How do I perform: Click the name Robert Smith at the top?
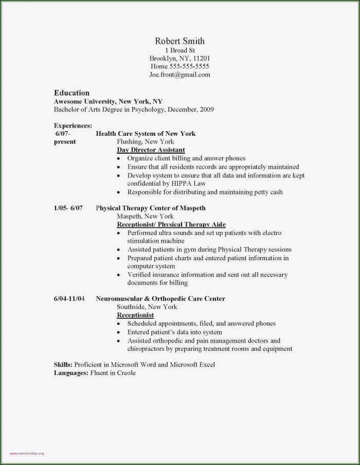click(180, 41)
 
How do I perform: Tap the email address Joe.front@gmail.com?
click(180, 75)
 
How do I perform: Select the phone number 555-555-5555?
click(189, 66)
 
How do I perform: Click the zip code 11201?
click(201, 58)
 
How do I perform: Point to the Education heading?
click(71, 93)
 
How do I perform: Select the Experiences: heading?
click(73, 125)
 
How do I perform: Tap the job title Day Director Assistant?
click(151, 150)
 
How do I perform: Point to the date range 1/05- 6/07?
click(68, 208)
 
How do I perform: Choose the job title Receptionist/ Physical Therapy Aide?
click(171, 225)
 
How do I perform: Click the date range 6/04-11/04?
click(69, 298)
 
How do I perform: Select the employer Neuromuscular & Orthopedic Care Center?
click(160, 298)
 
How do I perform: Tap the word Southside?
click(131, 307)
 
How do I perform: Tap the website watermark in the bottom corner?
click(23, 454)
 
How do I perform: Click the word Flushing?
click(129, 141)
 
